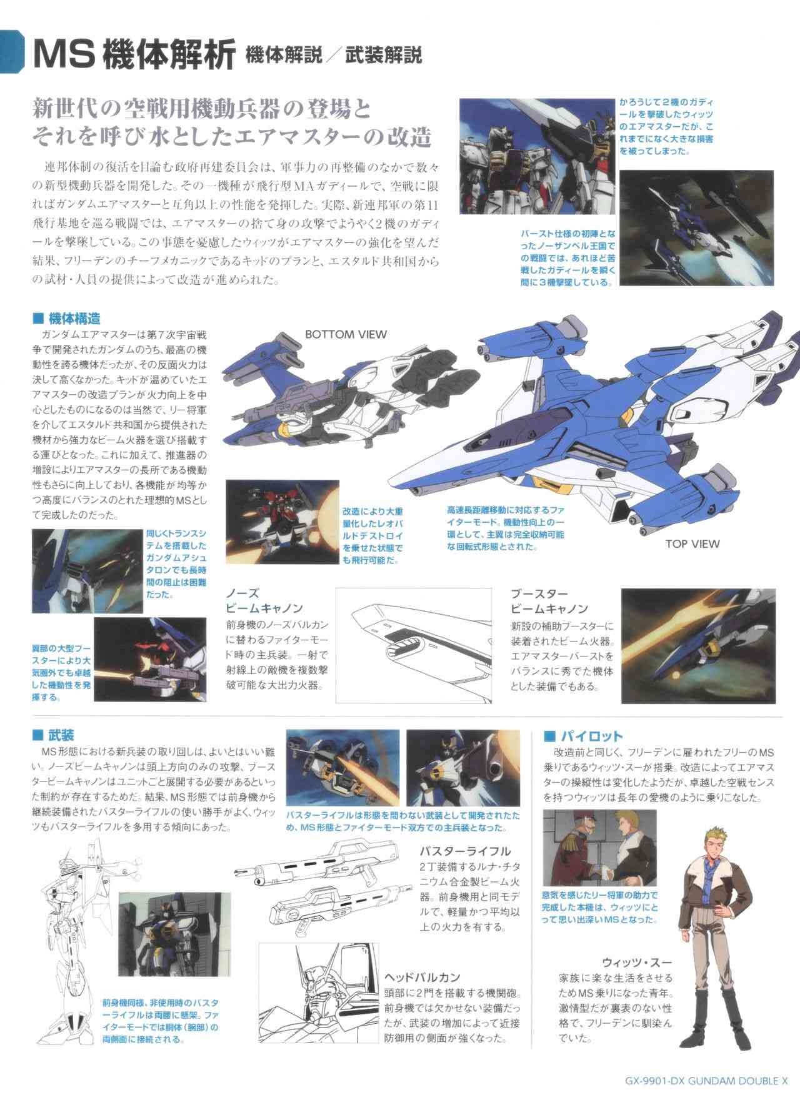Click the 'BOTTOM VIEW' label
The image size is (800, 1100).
[346, 334]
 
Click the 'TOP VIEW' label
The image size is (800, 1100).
[692, 543]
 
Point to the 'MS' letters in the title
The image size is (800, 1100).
[61, 54]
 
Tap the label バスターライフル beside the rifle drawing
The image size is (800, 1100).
[466, 851]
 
